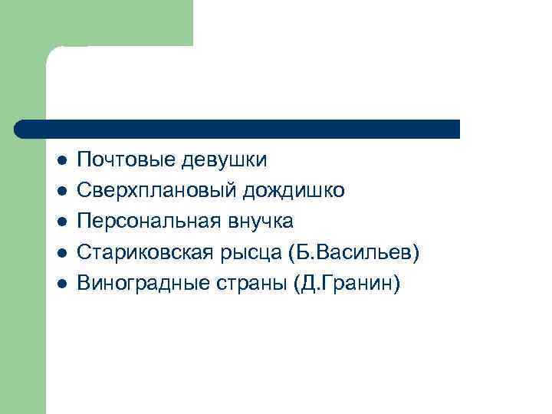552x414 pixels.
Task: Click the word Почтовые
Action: click(x=128, y=160)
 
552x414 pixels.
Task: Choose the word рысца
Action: click(x=258, y=252)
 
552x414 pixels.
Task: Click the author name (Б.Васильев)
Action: click(x=356, y=252)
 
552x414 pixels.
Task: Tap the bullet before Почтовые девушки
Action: click(x=62, y=161)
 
